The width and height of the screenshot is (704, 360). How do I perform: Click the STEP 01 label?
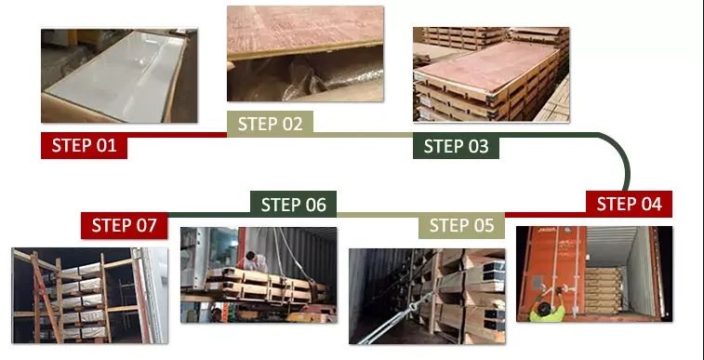(84, 145)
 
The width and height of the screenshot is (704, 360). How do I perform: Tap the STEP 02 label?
(270, 124)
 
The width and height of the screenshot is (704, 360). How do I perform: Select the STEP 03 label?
(456, 146)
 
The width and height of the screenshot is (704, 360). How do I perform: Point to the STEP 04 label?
(629, 204)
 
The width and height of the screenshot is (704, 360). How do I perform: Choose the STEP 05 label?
(461, 225)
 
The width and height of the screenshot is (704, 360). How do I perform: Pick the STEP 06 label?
(293, 205)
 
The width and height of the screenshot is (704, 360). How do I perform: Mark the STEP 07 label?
(125, 225)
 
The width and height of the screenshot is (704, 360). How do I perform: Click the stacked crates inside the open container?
(603, 290)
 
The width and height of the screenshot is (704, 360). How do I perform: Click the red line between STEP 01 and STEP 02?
(177, 135)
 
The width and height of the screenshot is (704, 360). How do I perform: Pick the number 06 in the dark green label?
(315, 205)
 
